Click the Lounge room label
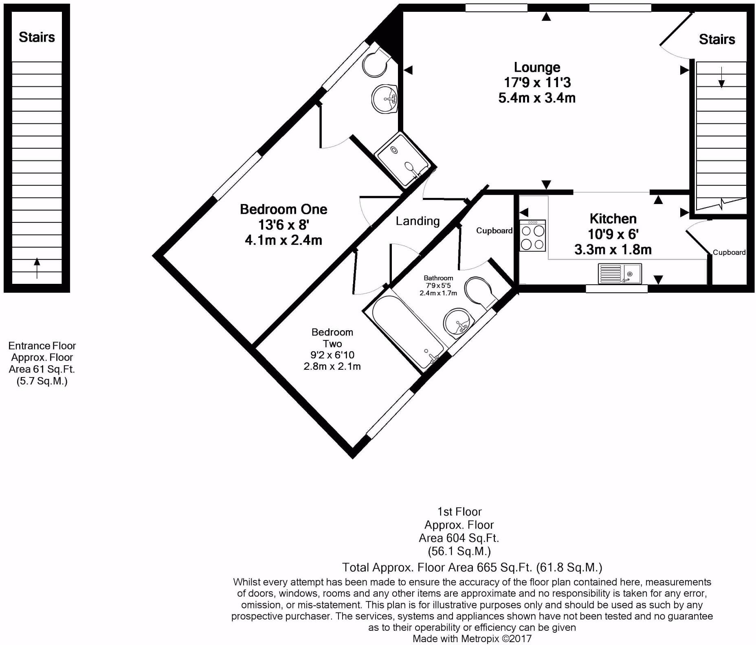537,67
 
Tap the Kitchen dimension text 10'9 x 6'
613,234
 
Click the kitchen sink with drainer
620,274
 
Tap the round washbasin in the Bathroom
458,323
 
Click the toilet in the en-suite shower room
375,63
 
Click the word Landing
418,221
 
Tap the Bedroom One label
283,209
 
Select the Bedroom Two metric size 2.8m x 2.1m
332,366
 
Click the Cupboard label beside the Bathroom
494,231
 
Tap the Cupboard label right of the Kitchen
729,252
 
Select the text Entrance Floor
42,346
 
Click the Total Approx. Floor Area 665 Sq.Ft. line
472,567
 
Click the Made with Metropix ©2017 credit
472,638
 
